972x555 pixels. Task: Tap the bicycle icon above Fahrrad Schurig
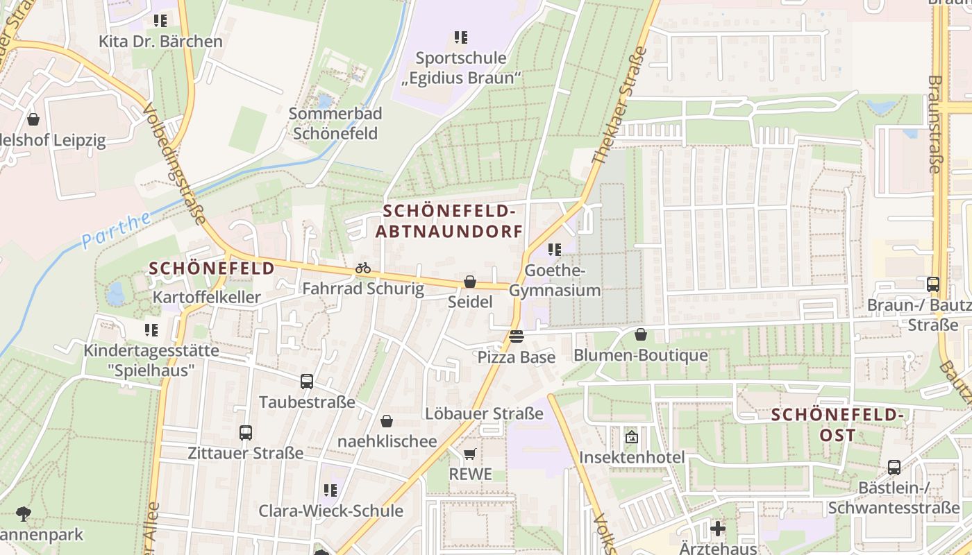click(363, 268)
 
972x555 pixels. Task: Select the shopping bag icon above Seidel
click(470, 282)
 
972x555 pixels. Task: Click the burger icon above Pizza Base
click(517, 336)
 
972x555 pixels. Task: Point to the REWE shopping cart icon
click(470, 454)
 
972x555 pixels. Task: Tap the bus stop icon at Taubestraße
click(307, 382)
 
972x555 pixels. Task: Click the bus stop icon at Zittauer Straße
click(246, 433)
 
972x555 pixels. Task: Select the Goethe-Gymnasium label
click(555, 280)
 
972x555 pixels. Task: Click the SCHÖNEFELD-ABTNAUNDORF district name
click(449, 221)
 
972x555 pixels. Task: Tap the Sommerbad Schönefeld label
click(335, 123)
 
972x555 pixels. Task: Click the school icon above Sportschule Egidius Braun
click(461, 37)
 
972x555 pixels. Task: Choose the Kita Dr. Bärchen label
click(160, 41)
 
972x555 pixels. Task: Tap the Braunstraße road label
click(935, 125)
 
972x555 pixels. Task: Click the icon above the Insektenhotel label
click(632, 437)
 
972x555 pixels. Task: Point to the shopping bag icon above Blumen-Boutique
click(641, 335)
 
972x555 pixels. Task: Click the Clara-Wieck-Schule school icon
click(330, 490)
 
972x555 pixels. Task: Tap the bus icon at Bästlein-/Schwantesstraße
click(894, 468)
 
